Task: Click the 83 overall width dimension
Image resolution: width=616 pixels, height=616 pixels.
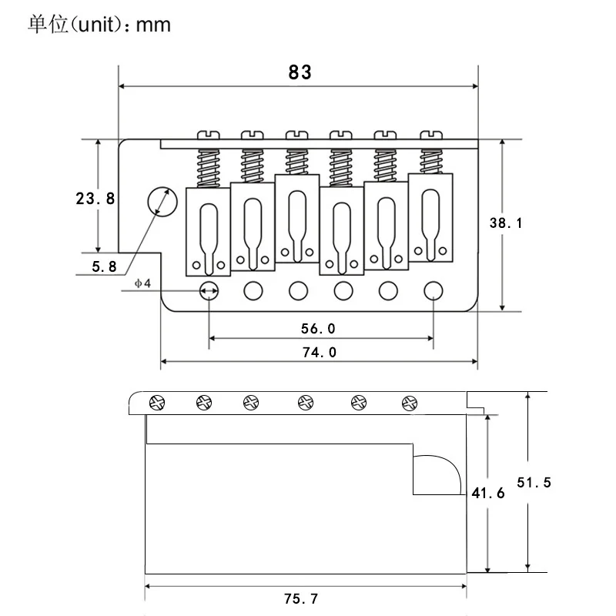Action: pos(300,72)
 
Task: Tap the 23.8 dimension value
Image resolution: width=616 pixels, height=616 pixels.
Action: pos(95,199)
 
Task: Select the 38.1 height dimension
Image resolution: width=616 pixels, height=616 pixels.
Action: pos(506,223)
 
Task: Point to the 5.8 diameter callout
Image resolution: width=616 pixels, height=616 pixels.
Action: pos(104,266)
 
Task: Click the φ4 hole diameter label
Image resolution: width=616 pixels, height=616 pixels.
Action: pos(142,283)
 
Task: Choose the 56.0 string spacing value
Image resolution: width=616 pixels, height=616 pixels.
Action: pos(318,329)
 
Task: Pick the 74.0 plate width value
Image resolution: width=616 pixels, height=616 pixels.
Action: pos(320,353)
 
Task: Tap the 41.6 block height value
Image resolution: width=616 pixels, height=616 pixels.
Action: pos(488,493)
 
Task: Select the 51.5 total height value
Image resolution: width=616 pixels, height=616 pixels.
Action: pos(534,483)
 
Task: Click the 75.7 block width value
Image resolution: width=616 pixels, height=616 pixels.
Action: pos(301,599)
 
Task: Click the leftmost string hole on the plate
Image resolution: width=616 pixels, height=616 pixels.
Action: pos(209,291)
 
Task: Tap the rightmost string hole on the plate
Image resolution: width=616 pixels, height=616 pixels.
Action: pos(434,291)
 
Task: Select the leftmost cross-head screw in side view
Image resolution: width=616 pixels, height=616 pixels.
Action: pos(157,403)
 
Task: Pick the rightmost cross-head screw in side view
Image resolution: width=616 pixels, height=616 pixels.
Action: pos(410,403)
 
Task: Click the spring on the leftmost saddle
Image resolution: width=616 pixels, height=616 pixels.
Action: pos(208,169)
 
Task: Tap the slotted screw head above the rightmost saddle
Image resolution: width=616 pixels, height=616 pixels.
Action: pos(431,136)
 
